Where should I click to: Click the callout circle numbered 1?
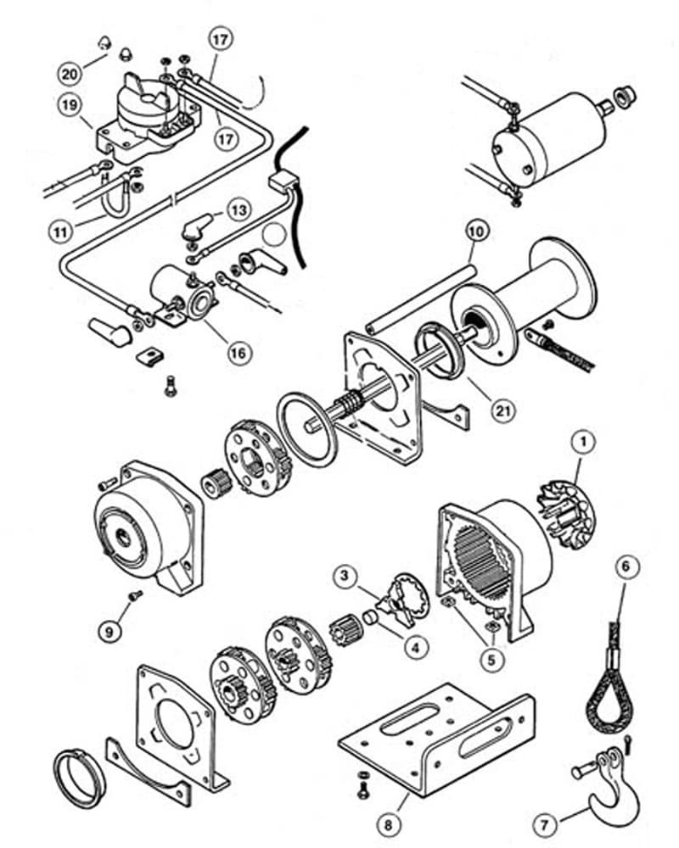(x=581, y=442)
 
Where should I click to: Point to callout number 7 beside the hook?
(x=543, y=823)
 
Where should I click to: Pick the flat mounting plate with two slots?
(x=437, y=738)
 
